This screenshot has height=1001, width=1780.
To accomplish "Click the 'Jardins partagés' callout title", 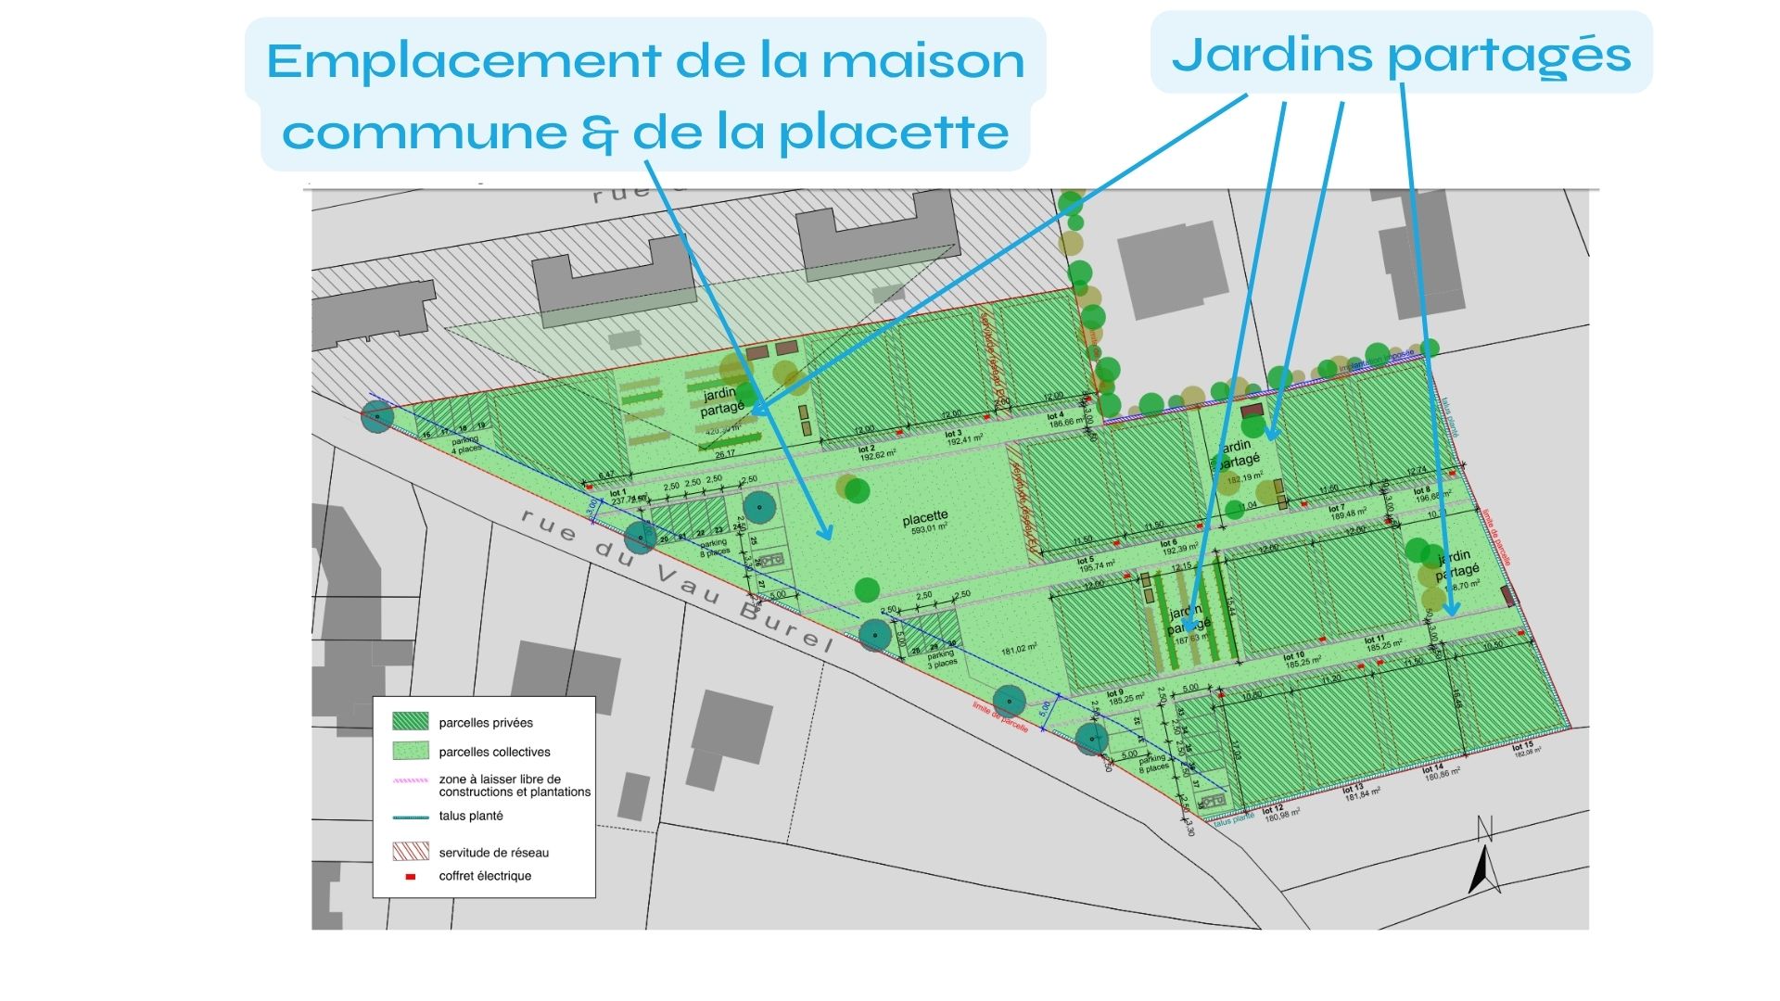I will pos(1401,55).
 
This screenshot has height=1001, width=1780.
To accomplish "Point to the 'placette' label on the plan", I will pos(925,517).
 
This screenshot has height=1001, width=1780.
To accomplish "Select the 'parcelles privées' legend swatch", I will pos(410,721).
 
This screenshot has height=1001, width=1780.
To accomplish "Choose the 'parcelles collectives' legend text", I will pos(494,752).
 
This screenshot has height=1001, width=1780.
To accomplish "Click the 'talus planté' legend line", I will pos(410,817).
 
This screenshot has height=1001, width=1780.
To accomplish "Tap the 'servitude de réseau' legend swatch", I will pos(410,851).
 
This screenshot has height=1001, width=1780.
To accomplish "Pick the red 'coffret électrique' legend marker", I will pos(410,876).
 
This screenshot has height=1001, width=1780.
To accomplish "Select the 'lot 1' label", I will pos(617,493).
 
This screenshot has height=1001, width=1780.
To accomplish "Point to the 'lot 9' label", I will pos(1114,693).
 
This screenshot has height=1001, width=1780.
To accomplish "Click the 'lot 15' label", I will pos(1522,746).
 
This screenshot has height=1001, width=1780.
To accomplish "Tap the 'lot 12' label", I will pos(1272,810).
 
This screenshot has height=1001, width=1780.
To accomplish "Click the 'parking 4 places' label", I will pos(466,445).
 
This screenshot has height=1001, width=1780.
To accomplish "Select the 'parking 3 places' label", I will pos(941,659).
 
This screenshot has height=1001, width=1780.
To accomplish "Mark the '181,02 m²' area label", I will pos(1018,649).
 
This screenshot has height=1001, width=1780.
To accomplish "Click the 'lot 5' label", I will pos(1086,561).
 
